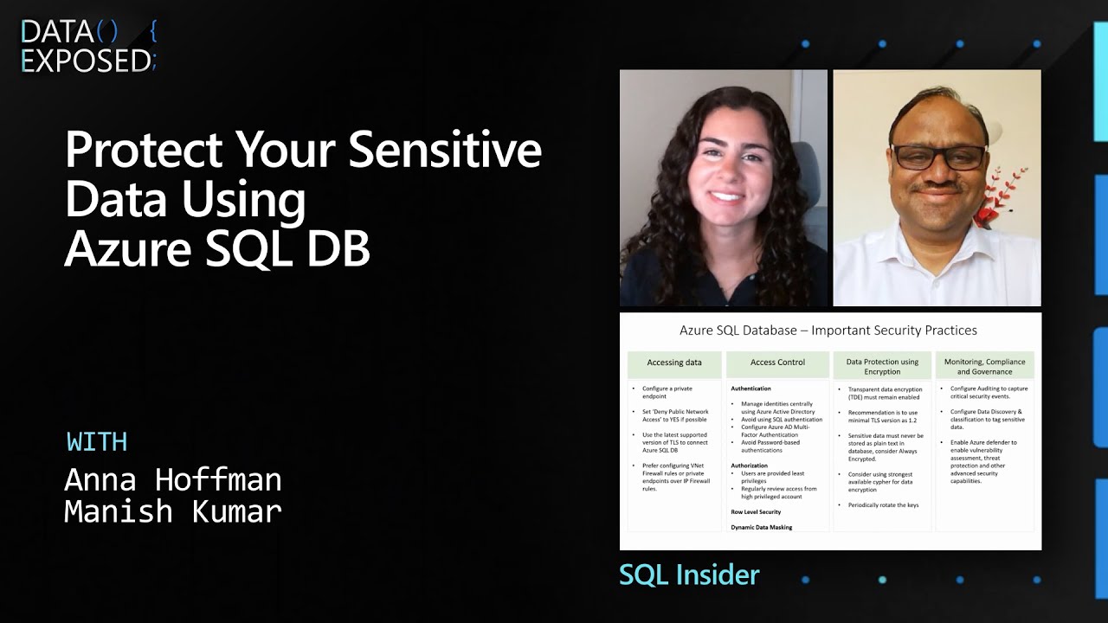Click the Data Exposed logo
click(88, 46)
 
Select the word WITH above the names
click(97, 441)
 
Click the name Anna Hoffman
click(173, 479)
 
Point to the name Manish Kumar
click(173, 511)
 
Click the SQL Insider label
click(689, 575)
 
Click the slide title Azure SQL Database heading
click(828, 331)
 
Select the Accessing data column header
click(674, 363)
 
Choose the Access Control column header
click(777, 363)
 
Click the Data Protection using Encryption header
click(882, 367)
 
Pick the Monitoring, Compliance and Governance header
click(984, 367)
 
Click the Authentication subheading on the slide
click(750, 389)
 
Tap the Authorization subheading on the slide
click(749, 466)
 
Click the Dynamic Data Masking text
click(762, 527)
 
